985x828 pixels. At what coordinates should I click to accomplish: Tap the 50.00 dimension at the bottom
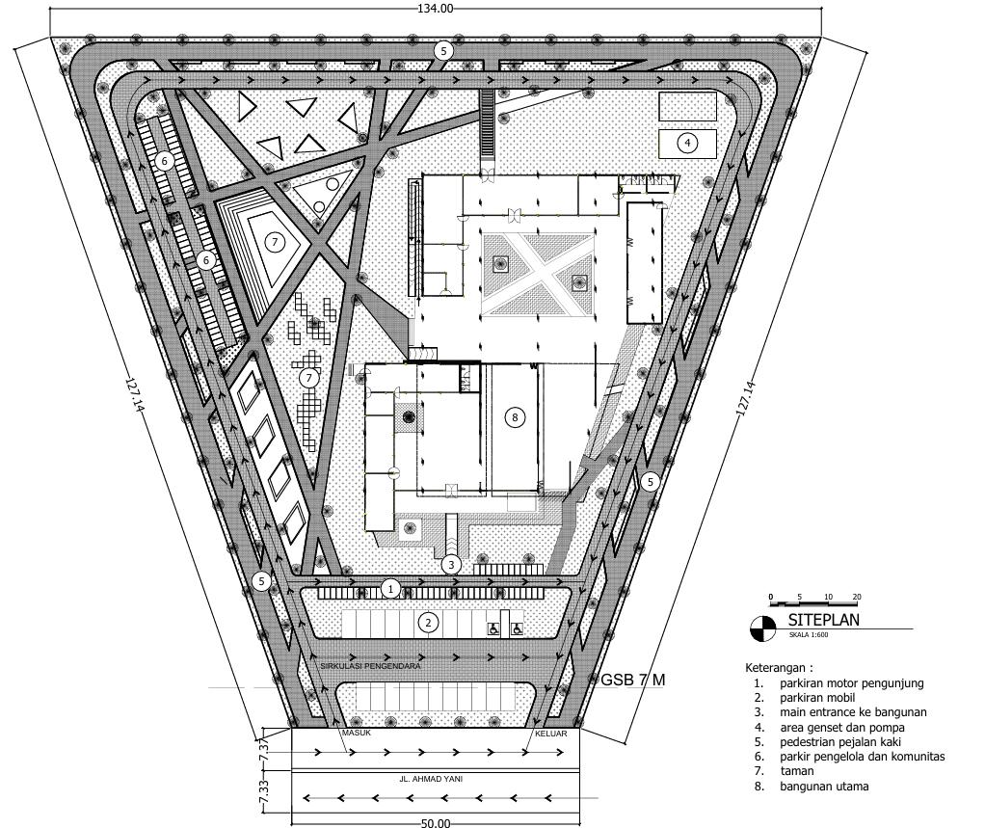pos(436,822)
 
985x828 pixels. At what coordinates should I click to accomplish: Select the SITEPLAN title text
pos(823,620)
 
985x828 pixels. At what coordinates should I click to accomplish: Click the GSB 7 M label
pos(633,680)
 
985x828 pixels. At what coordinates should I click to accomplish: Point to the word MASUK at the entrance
pos(357,733)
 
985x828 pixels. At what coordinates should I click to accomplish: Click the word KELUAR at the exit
pos(551,734)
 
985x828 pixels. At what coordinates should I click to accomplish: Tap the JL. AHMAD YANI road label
pos(431,779)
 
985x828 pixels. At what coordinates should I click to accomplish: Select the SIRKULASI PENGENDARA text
pos(370,666)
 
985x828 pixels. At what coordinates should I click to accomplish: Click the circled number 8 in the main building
pos(515,417)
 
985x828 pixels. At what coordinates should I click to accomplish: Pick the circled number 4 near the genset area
pos(687,144)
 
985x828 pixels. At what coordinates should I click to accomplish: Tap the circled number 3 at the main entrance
pos(451,565)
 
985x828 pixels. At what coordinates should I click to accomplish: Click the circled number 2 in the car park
pos(429,623)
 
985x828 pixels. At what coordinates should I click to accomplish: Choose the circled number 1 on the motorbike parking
pos(390,589)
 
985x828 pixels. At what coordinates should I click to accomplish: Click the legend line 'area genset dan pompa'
pos(842,728)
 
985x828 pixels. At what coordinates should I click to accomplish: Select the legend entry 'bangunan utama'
pos(824,786)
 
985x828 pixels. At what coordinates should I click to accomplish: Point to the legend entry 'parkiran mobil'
pos(817,698)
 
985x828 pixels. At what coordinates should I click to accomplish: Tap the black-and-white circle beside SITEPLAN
pos(763,628)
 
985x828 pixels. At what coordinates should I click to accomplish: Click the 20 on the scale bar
pos(857,597)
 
